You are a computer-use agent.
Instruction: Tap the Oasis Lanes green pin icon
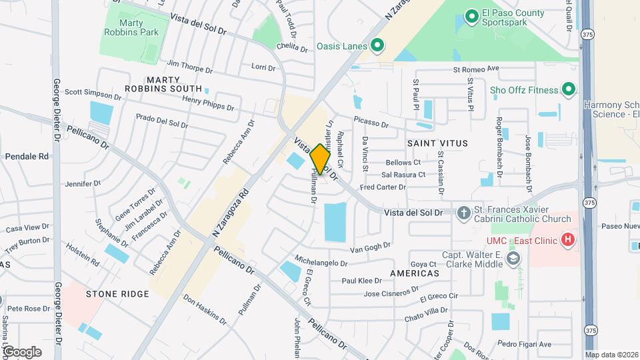[x=377, y=45]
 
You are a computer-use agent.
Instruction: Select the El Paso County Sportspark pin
[x=471, y=15]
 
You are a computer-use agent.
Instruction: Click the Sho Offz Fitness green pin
[x=569, y=89]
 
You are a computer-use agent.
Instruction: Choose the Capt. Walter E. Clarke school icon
[x=513, y=259]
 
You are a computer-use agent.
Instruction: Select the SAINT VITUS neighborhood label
[x=437, y=143]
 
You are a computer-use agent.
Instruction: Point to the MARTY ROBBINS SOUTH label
[x=164, y=84]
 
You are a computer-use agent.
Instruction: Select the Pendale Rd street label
[x=27, y=156]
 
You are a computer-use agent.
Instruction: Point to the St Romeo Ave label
[x=476, y=69]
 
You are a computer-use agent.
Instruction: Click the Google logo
[x=22, y=351]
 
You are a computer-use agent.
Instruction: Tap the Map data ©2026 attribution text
[x=611, y=355]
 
